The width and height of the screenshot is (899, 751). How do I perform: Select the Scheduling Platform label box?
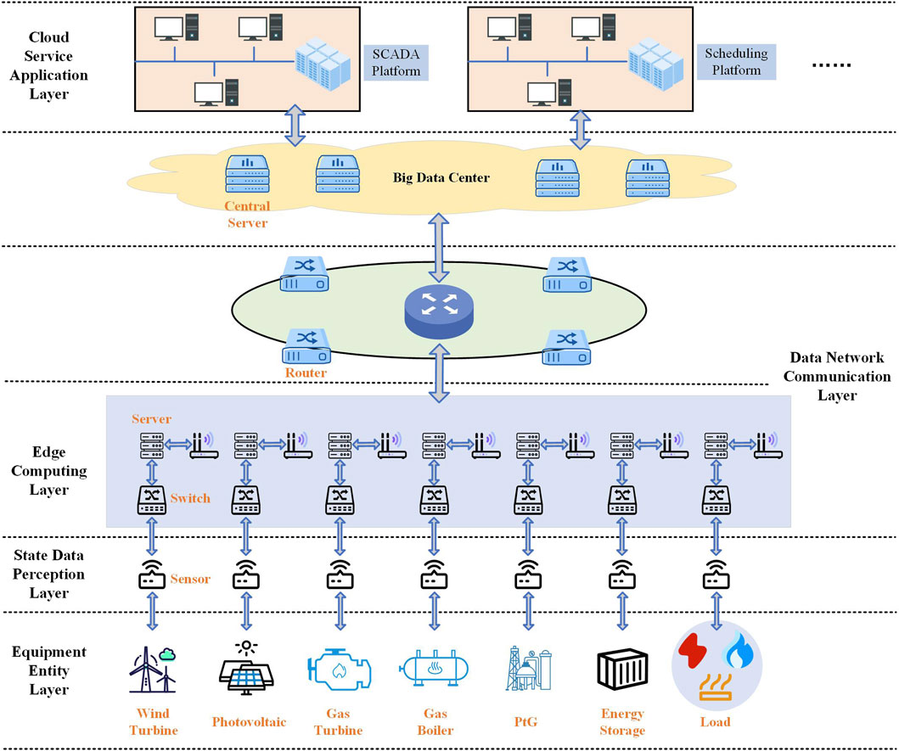point(736,61)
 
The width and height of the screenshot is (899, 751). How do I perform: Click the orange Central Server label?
point(247,215)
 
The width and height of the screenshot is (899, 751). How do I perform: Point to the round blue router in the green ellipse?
point(439,310)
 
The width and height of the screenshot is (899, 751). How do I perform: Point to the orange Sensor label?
point(190,579)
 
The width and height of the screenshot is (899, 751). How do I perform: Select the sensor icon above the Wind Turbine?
point(152,574)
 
